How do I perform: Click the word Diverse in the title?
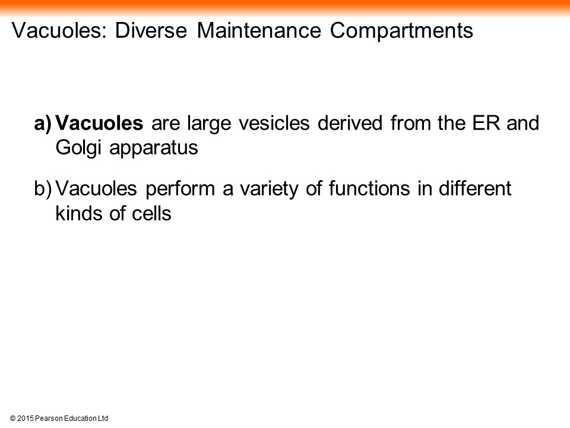coord(151,30)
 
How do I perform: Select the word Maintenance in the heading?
coord(259,30)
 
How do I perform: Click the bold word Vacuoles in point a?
coord(99,123)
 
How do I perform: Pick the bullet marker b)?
coord(43,189)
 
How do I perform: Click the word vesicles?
coord(274,123)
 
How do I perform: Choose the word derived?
coord(350,123)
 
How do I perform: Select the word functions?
coord(369,188)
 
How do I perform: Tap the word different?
coord(475,188)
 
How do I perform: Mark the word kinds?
coord(78,213)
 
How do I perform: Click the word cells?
coord(151,213)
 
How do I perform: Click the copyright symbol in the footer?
coord(12,418)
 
